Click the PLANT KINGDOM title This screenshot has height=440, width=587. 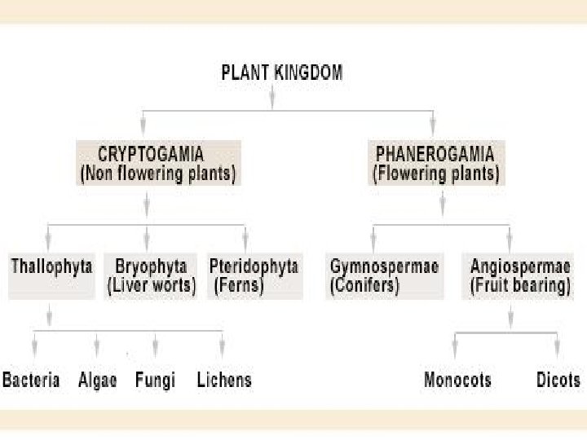coord(282,72)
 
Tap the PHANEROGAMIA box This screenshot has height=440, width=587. coord(436,163)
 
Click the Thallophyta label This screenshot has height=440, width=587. coord(51,266)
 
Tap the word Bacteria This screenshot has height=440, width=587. coord(31,380)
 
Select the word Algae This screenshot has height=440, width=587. coord(98,380)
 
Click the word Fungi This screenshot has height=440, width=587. coord(155,380)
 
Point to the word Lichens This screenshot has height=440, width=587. coord(224,380)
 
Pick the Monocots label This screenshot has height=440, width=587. coord(457,380)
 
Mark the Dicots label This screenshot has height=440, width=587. coord(558,380)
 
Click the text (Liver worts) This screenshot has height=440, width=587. coord(151,287)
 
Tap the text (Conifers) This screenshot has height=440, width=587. coord(364,287)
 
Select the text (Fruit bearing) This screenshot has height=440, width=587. coord(521,287)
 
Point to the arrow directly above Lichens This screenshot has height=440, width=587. coord(222,344)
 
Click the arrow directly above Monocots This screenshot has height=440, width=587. coord(455,345)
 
